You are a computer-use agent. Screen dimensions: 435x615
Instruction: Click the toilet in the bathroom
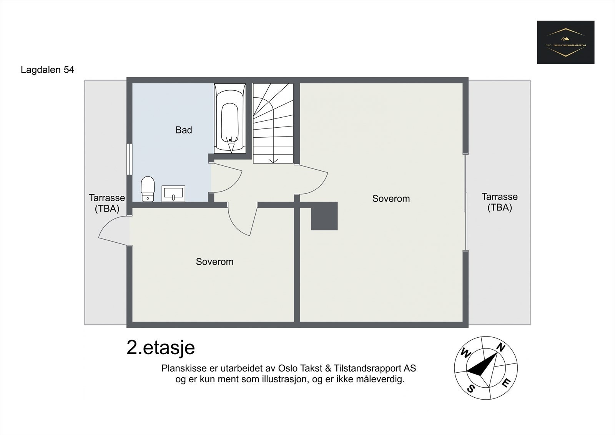148,189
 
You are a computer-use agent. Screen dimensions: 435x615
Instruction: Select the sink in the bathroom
173,193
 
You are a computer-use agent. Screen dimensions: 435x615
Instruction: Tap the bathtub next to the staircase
230,118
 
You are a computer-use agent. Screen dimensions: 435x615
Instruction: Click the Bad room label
183,130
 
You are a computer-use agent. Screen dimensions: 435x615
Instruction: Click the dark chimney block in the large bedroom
324,216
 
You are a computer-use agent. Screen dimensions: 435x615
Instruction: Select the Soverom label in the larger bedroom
391,198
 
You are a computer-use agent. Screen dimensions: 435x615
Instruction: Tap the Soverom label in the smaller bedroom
214,262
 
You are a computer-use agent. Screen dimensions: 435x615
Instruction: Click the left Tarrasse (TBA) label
107,203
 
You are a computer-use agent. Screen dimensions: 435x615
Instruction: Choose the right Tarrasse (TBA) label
499,202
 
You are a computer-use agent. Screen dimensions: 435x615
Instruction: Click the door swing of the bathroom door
227,179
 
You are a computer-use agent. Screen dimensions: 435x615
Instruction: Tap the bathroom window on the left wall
130,160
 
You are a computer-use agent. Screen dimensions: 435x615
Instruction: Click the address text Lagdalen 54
47,70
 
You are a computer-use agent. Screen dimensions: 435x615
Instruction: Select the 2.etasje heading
161,348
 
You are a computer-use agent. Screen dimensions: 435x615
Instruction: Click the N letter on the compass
500,347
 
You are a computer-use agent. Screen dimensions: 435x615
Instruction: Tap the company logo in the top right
565,42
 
